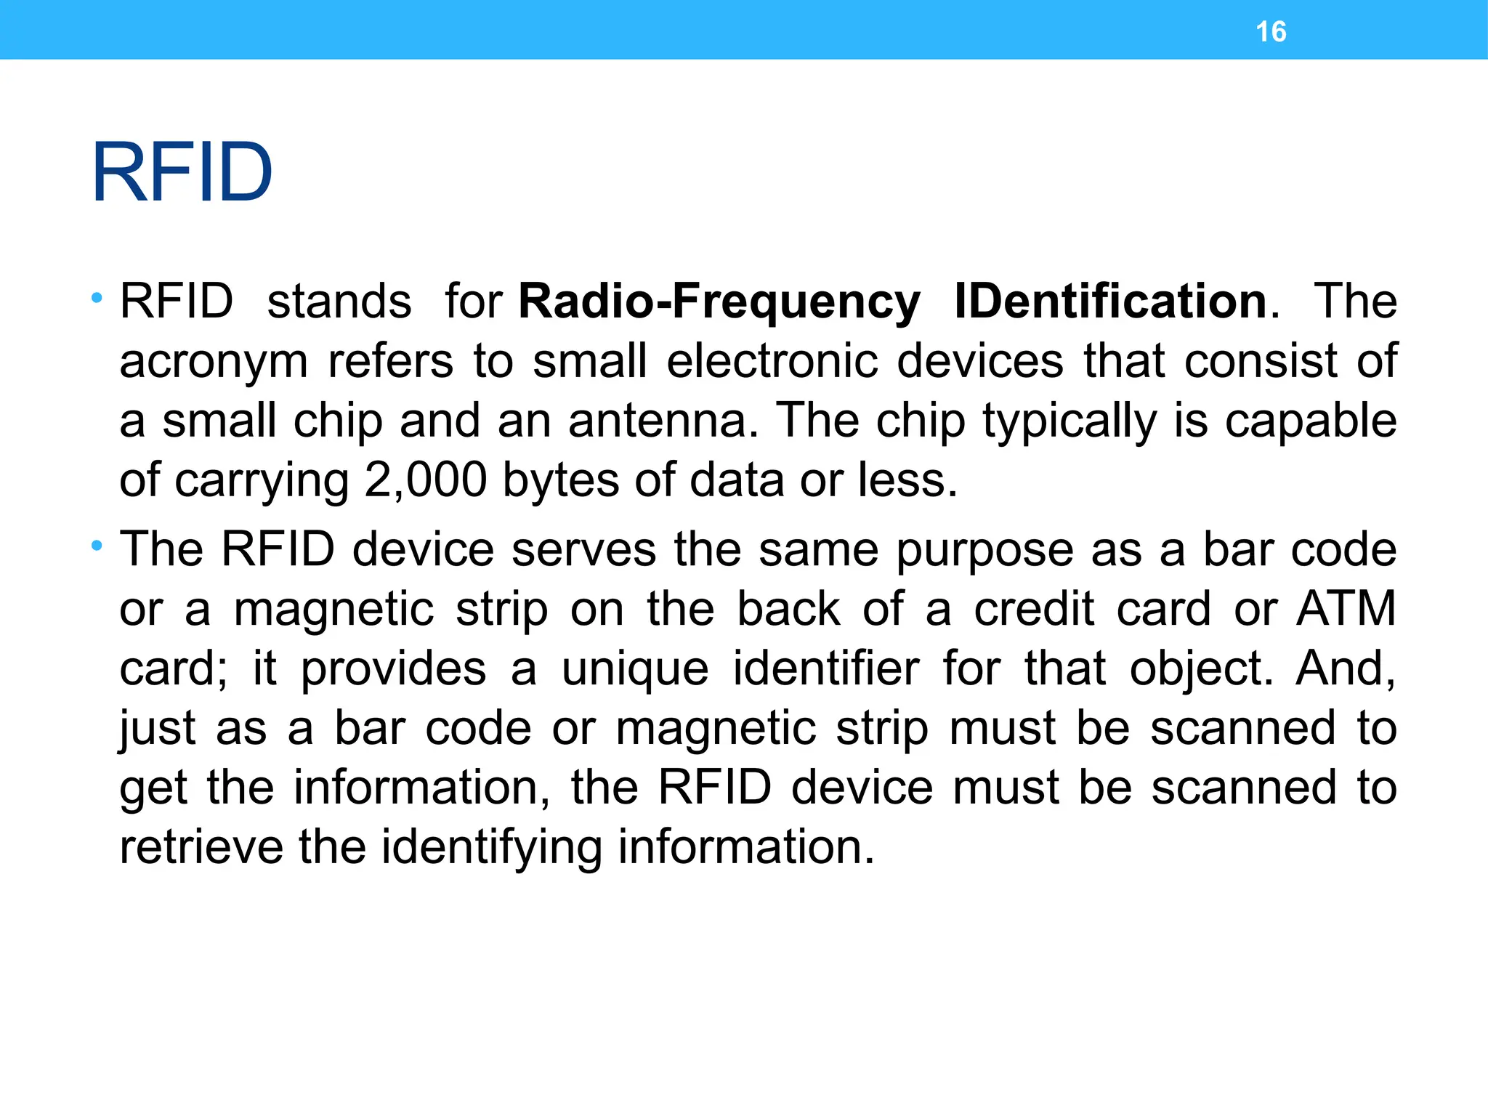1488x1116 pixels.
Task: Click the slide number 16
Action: pos(1271,32)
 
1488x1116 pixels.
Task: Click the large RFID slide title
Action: pos(182,173)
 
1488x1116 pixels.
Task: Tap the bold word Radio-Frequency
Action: pos(719,302)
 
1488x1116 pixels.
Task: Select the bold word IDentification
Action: pos(1110,302)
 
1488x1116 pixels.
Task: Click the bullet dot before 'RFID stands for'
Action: pos(97,297)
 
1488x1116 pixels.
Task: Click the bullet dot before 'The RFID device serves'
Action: pos(97,545)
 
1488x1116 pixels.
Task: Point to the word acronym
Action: pos(214,362)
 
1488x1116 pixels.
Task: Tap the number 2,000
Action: pos(425,480)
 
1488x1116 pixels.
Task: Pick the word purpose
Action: pos(984,551)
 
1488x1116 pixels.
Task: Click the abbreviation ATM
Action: pos(1346,608)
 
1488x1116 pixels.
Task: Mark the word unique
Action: pos(635,669)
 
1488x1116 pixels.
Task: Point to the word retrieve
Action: pos(201,847)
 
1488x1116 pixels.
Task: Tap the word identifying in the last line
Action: pos(492,849)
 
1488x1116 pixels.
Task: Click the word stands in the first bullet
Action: pos(339,302)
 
